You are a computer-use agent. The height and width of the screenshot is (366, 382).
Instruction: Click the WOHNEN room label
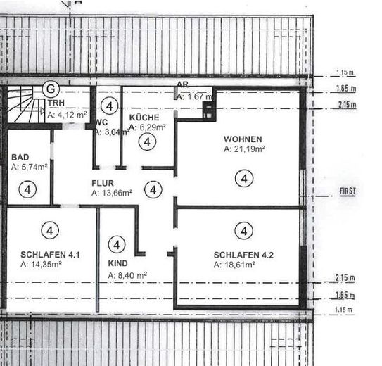coord(243,139)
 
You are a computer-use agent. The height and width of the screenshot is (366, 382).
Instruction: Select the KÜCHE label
coord(144,118)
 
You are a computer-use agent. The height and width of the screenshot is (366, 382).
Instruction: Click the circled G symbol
coord(51,89)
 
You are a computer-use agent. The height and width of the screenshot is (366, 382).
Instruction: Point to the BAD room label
coord(20,157)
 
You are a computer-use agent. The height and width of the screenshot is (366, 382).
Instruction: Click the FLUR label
coord(103,183)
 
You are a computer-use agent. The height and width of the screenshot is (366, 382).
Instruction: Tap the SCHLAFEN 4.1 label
coord(50,255)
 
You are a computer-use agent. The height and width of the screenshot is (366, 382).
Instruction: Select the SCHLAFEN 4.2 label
coord(243,255)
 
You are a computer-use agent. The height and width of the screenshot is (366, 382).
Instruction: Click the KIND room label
coord(118,263)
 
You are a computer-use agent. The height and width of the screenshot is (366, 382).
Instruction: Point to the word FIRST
coord(348,191)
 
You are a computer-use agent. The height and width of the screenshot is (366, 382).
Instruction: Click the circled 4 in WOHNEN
coord(244,178)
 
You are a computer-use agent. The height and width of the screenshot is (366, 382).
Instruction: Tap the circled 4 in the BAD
coord(27,189)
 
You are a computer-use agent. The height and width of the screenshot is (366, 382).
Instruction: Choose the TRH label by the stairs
coord(56,103)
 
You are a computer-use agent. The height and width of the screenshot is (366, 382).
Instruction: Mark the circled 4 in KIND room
coord(117,245)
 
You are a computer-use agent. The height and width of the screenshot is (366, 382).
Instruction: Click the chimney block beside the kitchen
coord(209,111)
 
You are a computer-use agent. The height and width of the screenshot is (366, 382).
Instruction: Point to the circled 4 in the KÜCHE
coord(147,141)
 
